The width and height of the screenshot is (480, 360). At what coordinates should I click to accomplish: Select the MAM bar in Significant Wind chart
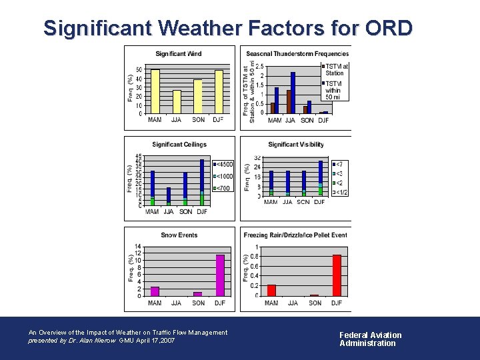pyautogui.click(x=155, y=91)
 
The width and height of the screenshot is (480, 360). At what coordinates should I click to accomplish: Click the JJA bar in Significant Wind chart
pyautogui.click(x=177, y=101)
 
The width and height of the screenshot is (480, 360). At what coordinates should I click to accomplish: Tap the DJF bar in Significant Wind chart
pyautogui.click(x=218, y=92)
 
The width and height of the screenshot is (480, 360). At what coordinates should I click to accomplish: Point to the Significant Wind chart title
pyautogui.click(x=179, y=54)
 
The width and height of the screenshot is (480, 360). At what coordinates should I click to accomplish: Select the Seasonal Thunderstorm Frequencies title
pyautogui.click(x=297, y=54)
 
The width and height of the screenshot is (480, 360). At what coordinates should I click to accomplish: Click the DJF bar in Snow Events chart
pyautogui.click(x=220, y=275)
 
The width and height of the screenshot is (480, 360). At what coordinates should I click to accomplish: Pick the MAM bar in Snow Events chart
pyautogui.click(x=155, y=291)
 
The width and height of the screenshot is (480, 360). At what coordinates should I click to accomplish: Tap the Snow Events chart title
pyautogui.click(x=179, y=235)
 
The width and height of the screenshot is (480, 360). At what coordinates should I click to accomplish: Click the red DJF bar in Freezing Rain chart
pyautogui.click(x=337, y=275)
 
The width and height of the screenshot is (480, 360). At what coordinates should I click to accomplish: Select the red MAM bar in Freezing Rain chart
pyautogui.click(x=271, y=290)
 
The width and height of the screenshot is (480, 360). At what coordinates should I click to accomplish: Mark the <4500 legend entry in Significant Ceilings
pyautogui.click(x=223, y=164)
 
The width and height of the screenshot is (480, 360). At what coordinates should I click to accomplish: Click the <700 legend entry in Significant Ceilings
pyautogui.click(x=223, y=188)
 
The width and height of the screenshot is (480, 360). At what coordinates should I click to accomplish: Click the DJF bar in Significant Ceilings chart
pyautogui.click(x=202, y=182)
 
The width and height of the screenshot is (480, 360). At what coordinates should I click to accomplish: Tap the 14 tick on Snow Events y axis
pyautogui.click(x=137, y=247)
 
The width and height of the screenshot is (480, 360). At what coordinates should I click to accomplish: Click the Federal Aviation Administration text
pyautogui.click(x=370, y=339)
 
